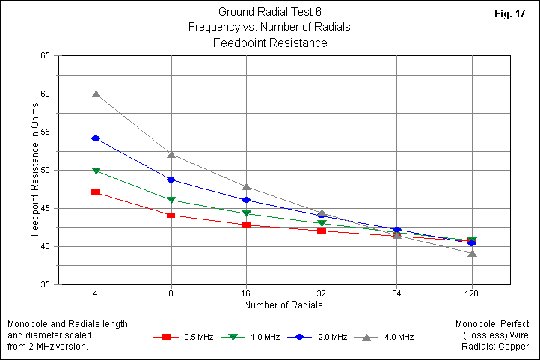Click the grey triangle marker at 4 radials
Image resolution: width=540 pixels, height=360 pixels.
(96, 94)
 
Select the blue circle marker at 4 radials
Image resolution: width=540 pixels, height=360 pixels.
(96, 138)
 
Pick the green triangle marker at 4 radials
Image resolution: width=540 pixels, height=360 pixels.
(96, 171)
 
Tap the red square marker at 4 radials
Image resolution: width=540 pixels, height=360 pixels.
(96, 192)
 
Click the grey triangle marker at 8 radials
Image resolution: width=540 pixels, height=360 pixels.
(171, 155)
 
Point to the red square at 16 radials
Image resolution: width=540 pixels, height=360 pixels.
(246, 225)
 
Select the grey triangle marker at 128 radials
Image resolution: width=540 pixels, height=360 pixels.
(472, 253)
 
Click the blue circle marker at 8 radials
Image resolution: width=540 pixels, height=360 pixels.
(171, 180)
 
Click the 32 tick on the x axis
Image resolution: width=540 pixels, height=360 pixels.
(322, 292)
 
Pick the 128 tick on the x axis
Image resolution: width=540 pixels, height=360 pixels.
(472, 292)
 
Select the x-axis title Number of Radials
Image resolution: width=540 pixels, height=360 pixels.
(284, 305)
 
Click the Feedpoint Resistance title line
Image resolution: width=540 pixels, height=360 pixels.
(270, 43)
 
